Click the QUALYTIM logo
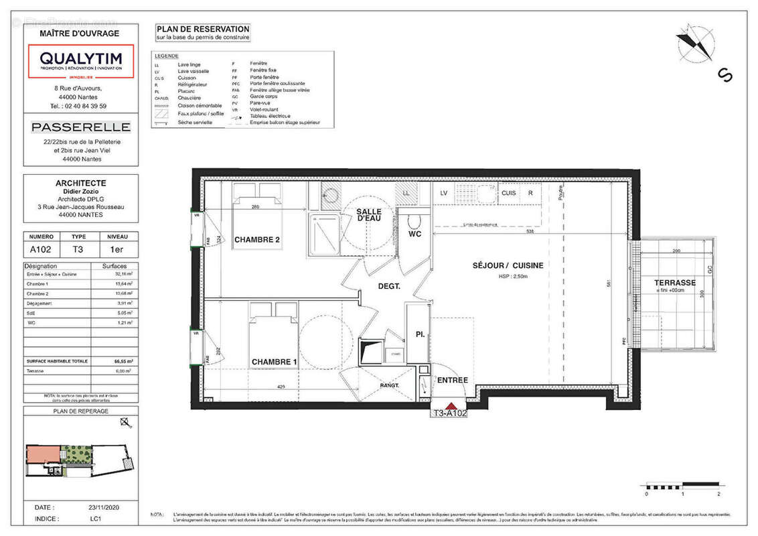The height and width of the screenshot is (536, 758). click(80, 61)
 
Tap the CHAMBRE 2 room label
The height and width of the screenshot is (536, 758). click(257, 240)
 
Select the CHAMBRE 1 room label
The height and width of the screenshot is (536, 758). click(275, 362)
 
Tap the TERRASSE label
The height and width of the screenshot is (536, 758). click(674, 283)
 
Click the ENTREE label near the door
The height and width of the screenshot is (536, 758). click(452, 381)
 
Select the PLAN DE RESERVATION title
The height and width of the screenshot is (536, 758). click(202, 29)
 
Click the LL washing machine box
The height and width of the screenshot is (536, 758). click(406, 193)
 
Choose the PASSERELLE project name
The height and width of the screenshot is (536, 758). click(80, 127)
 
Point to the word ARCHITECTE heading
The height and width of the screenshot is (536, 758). click(80, 182)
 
